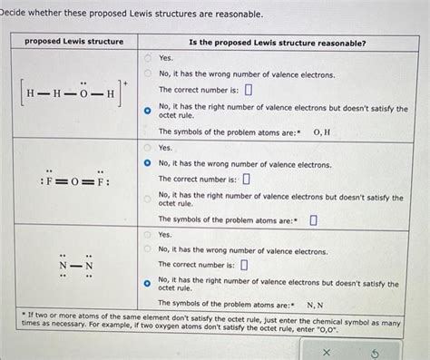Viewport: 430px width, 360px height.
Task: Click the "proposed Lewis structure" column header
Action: tap(74, 42)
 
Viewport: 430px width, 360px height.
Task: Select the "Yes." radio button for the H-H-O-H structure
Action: tap(148, 57)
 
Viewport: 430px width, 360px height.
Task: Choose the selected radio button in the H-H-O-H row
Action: tap(148, 112)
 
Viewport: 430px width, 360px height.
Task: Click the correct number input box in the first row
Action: tap(248, 91)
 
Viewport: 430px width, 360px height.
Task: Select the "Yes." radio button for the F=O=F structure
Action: tap(148, 147)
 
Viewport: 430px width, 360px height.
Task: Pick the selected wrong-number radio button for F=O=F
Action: tap(148, 164)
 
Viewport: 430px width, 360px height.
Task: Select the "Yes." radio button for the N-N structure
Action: tap(148, 234)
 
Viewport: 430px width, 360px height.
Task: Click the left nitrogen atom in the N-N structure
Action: tap(64, 265)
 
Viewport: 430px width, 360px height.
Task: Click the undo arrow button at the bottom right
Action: tap(374, 351)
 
